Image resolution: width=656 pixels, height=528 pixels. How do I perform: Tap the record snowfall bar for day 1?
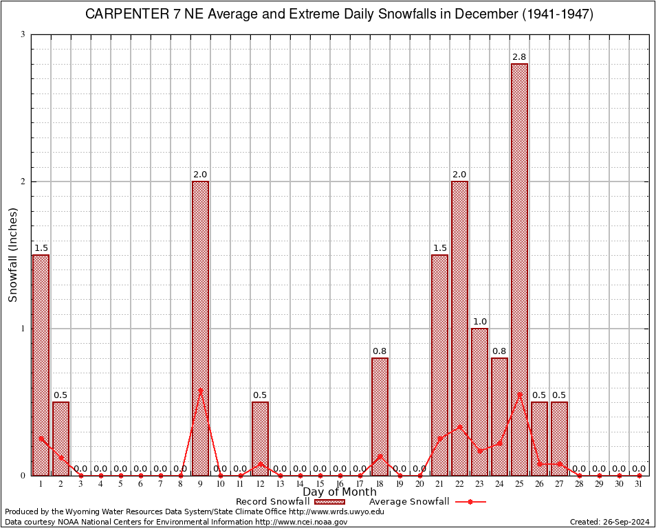tap(41, 365)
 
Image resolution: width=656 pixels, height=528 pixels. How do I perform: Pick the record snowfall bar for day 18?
tap(380, 417)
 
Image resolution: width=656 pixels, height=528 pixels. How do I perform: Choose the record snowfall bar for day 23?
tap(479, 402)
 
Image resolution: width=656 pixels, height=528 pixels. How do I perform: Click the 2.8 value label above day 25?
tap(519, 56)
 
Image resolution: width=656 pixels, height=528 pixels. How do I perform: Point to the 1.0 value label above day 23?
tap(479, 321)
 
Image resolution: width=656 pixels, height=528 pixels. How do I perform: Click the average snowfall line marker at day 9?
tap(200, 390)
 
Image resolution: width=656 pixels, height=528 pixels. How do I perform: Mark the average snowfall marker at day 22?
tap(459, 426)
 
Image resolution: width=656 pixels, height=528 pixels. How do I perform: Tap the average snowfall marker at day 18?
tap(380, 455)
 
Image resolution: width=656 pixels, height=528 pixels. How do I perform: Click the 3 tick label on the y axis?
tap(23, 34)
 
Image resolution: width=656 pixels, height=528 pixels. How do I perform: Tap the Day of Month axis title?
tap(340, 492)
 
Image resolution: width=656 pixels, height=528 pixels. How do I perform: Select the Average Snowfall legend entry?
tap(426, 502)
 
